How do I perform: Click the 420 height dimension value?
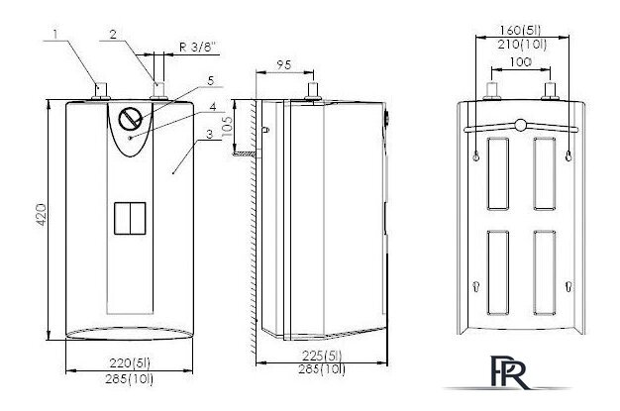[x=42, y=215]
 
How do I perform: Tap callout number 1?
[x=55, y=34]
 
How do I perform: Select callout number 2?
[x=114, y=35]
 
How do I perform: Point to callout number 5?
[x=210, y=80]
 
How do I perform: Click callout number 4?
[x=213, y=106]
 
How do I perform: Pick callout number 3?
[x=210, y=134]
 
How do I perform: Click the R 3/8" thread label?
[x=199, y=48]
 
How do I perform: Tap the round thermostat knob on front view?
[x=130, y=118]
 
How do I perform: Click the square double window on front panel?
[x=130, y=218]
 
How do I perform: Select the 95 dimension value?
[x=284, y=64]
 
